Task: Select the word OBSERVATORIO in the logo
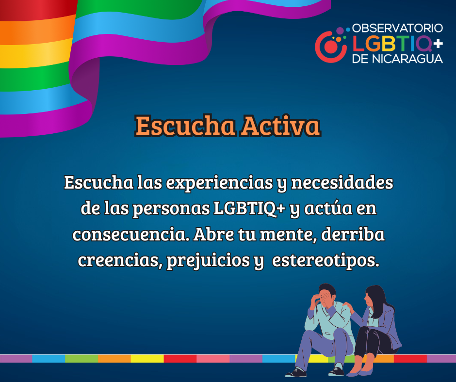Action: click(x=397, y=29)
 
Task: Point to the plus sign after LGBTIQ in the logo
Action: click(x=438, y=44)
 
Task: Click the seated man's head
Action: click(x=327, y=295)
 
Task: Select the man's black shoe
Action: click(x=296, y=372)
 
